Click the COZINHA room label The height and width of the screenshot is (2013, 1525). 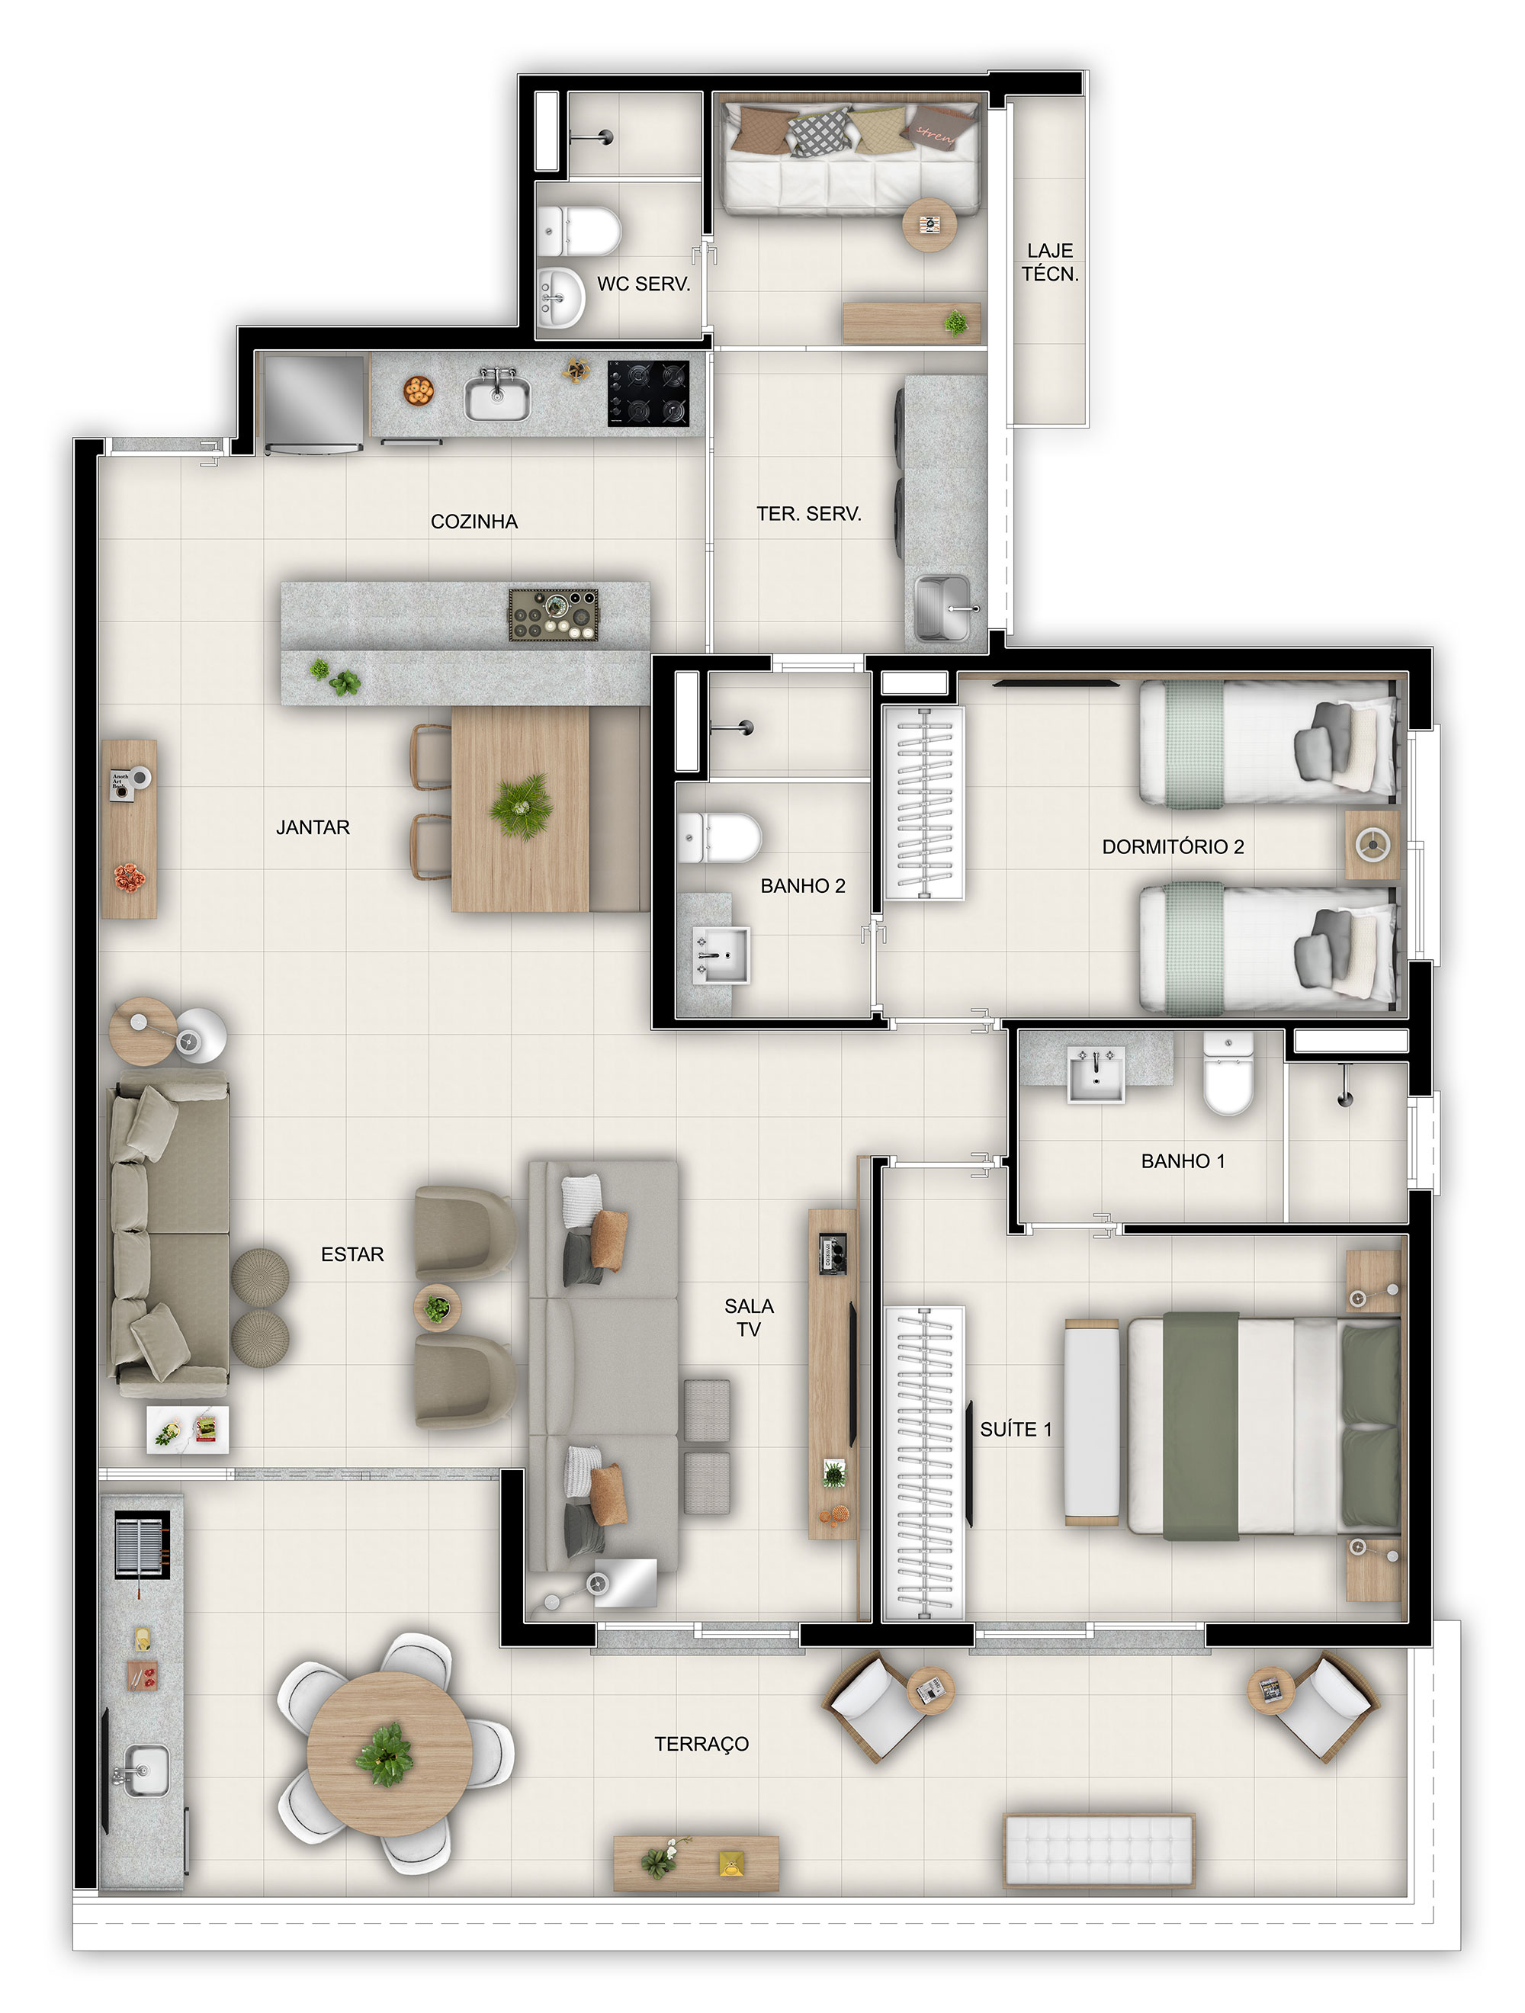click(474, 522)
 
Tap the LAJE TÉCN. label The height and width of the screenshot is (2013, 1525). click(1050, 262)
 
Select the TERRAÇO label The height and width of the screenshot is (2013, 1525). click(701, 1744)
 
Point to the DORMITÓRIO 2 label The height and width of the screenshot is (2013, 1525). click(1173, 846)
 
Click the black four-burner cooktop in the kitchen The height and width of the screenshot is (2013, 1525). click(649, 393)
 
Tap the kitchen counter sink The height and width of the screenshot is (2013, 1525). click(497, 396)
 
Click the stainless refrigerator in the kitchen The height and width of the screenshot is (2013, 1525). click(313, 403)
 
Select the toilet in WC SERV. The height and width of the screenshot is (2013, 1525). click(579, 231)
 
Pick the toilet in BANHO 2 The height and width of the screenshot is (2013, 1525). click(719, 838)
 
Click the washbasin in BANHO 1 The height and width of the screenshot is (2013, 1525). click(1096, 1074)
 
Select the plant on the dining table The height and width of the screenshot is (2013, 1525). click(522, 804)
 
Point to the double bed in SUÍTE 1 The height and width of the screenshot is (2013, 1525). click(1264, 1425)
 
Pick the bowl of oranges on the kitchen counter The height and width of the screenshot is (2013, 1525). click(419, 390)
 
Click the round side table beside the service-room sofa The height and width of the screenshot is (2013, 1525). click(929, 224)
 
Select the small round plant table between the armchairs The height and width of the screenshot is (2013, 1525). click(438, 1308)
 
